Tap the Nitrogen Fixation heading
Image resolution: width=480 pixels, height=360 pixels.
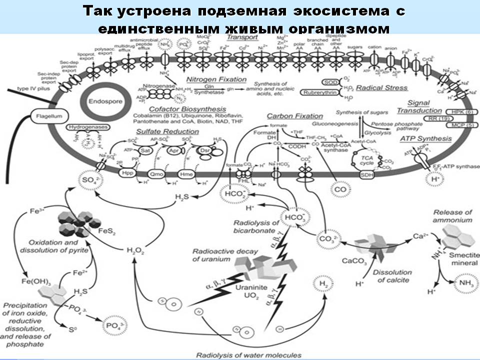[x=216, y=79]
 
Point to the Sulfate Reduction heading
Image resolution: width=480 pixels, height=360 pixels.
[x=167, y=131]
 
